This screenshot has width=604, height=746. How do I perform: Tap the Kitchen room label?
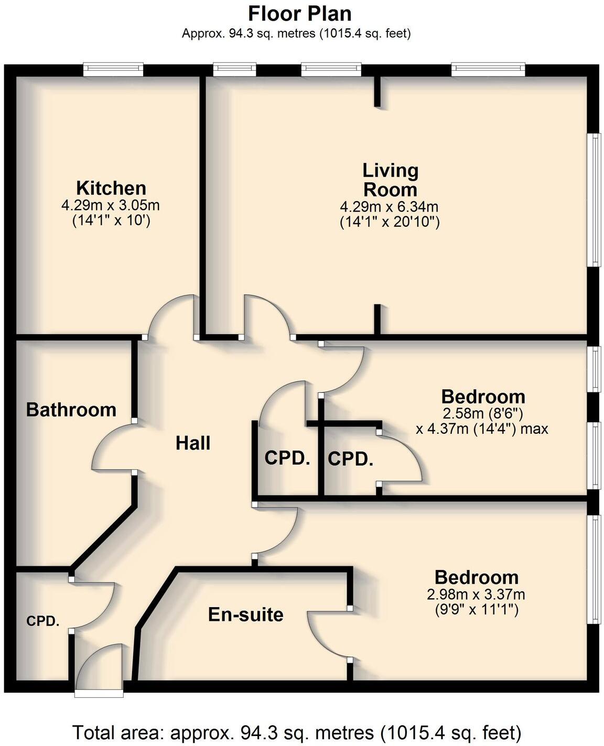pos(111,188)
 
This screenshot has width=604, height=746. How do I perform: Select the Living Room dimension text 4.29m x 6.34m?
pos(389,206)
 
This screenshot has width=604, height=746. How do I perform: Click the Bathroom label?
pos(71,409)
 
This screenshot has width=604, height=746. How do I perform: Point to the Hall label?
pos(193,443)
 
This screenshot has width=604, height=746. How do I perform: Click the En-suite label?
pos(245,614)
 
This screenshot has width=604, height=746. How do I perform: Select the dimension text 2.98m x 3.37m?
pos(476,595)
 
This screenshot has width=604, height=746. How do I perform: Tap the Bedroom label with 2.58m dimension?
pos(483,397)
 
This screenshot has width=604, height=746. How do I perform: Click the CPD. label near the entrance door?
pos(43,621)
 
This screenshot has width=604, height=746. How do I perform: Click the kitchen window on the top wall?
pos(113,70)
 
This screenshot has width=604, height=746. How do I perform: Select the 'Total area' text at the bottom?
pos(297,732)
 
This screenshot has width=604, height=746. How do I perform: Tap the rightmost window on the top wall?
pos(488,70)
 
